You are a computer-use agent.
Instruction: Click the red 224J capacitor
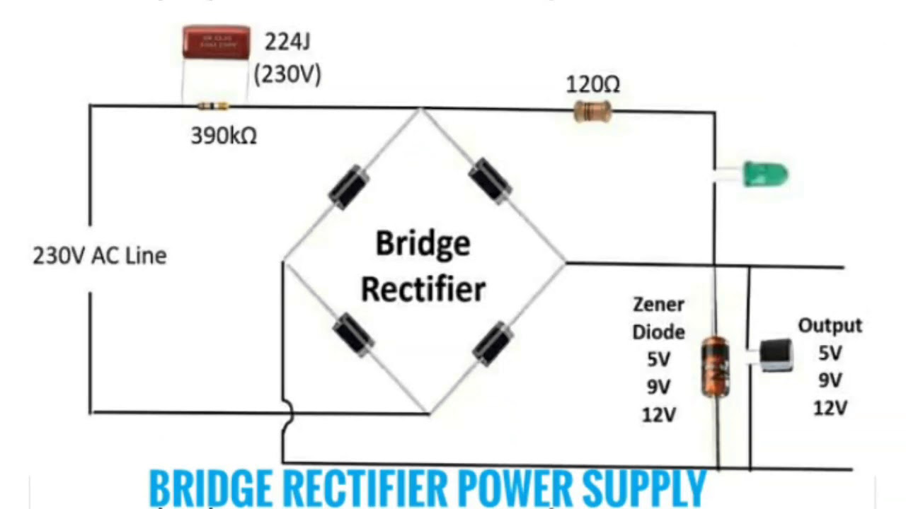(216, 42)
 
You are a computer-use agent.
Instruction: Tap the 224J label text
(288, 42)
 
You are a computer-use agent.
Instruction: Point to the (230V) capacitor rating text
(287, 74)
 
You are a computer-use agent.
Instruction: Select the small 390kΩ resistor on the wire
(213, 107)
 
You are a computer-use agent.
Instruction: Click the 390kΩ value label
(224, 136)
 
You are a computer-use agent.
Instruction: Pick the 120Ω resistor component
(592, 110)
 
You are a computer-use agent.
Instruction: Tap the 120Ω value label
(593, 86)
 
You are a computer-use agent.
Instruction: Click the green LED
(763, 174)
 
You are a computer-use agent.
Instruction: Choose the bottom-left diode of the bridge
(352, 332)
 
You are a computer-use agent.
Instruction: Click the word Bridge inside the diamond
(423, 244)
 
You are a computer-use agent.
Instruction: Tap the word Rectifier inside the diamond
(423, 288)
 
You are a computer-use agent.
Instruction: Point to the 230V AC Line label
(100, 255)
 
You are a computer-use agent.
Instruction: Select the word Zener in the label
(658, 305)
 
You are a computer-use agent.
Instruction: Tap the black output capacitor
(776, 353)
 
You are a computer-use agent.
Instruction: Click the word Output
(830, 326)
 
